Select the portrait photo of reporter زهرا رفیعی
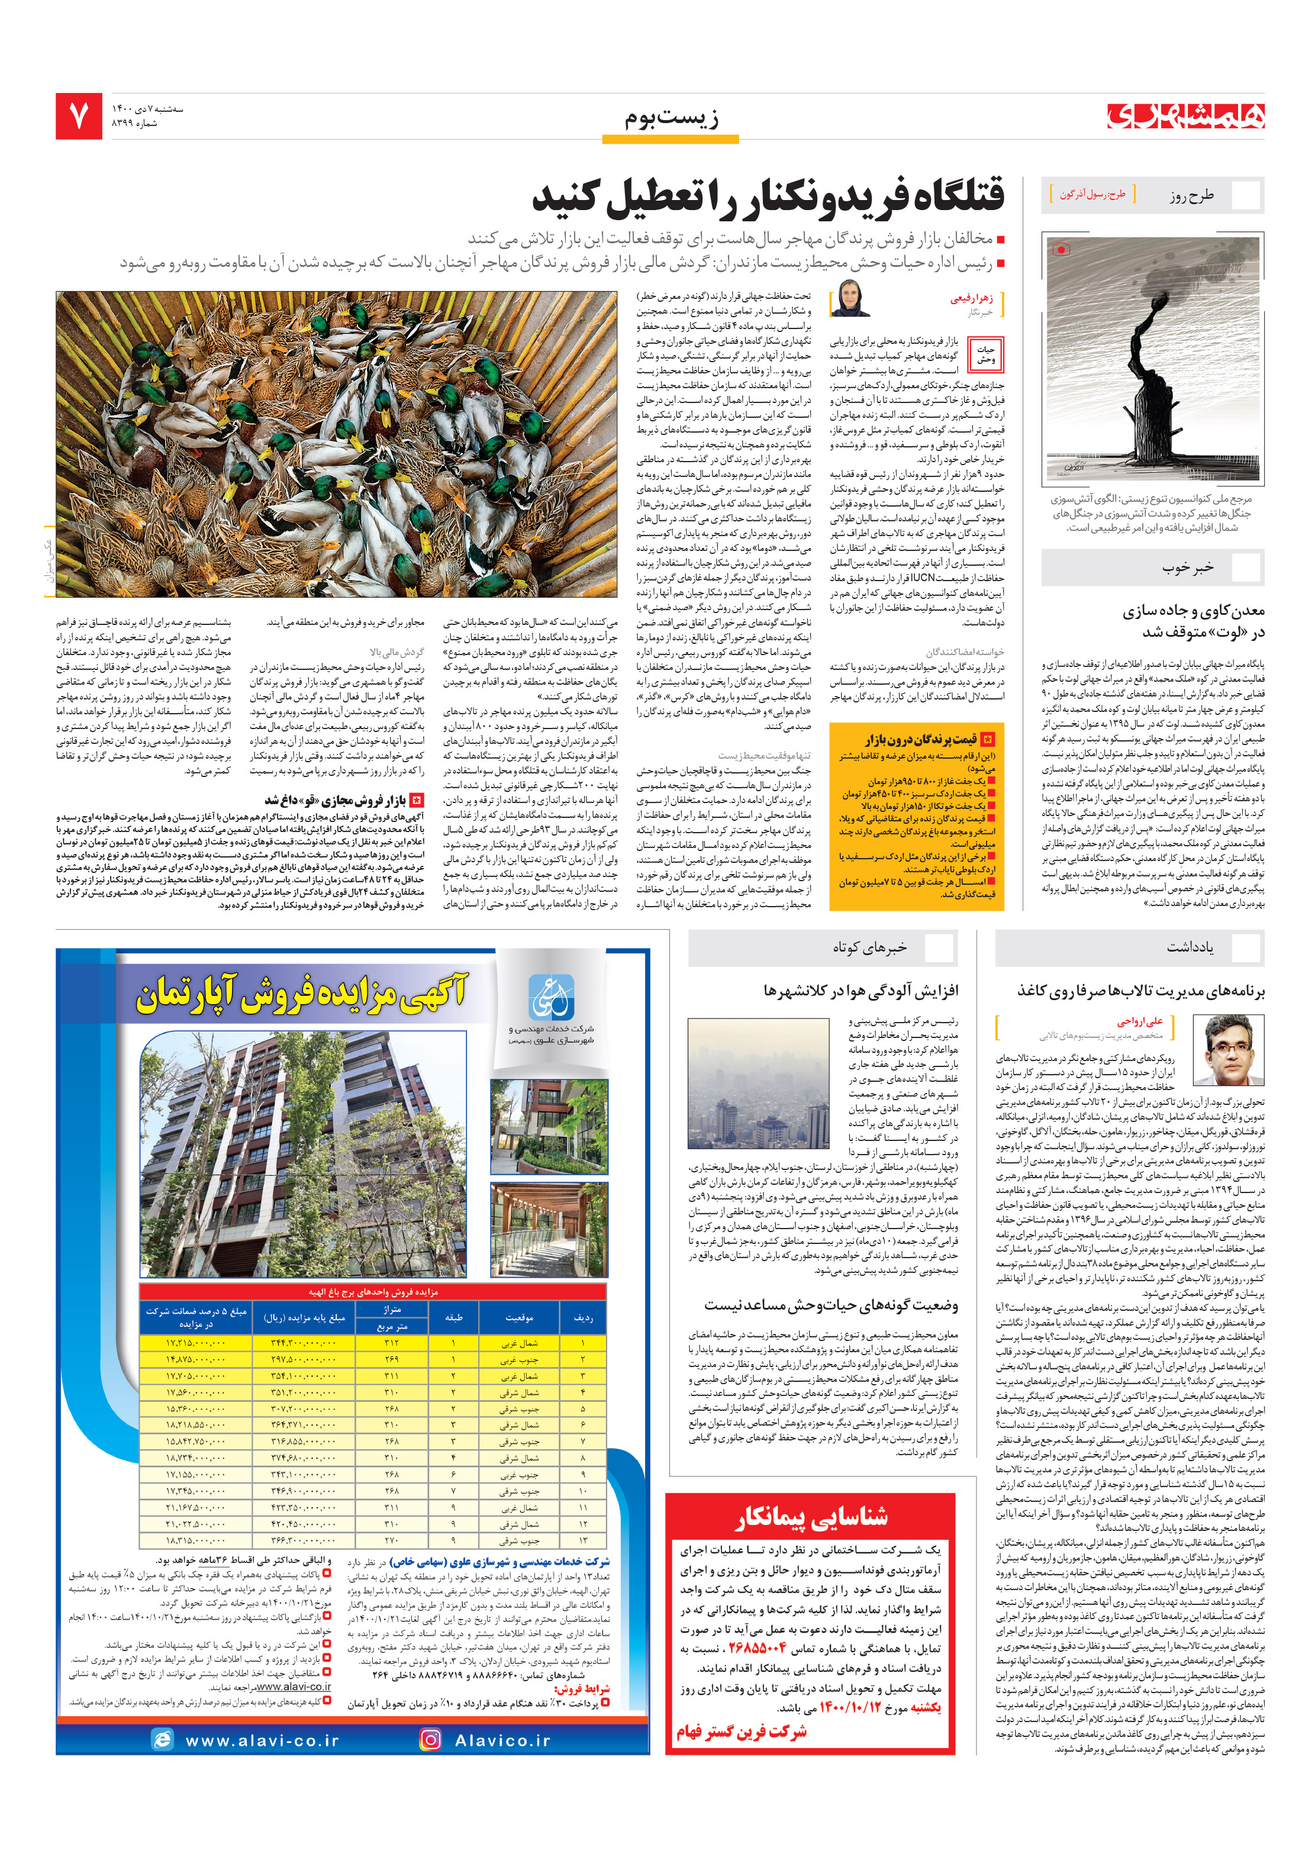(850, 299)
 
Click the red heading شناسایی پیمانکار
(811, 1517)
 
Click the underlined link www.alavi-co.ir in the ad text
(294, 1687)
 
